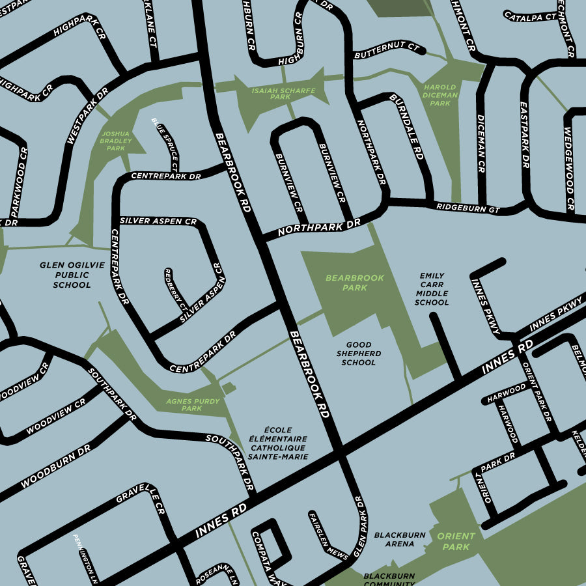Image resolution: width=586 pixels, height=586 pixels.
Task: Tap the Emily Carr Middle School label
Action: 432,288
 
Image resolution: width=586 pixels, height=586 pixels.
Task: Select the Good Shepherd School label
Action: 359,353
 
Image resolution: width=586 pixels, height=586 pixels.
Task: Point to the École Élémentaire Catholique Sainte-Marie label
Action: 278,443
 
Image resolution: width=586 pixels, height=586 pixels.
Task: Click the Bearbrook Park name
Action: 355,283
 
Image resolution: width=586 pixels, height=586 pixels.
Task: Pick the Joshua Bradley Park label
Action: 115,140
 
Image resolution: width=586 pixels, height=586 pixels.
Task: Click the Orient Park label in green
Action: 456,541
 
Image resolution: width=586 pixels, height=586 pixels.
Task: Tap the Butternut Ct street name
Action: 387,51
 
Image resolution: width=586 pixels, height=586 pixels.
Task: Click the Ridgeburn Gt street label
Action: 467,208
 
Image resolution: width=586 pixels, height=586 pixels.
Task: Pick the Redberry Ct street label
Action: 174,289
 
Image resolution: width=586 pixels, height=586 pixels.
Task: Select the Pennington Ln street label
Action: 85,557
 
